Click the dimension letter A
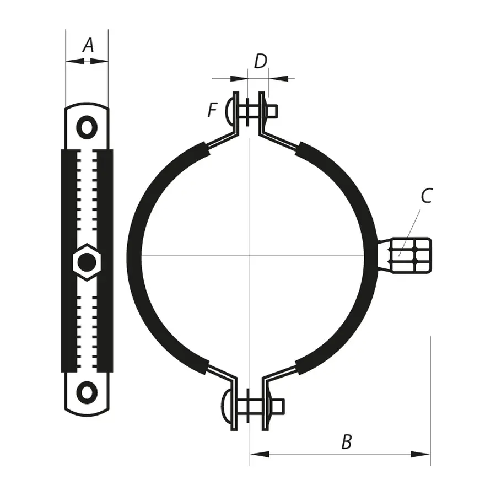click(x=88, y=45)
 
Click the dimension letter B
click(x=346, y=441)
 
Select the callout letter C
click(x=426, y=196)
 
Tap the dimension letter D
click(x=260, y=62)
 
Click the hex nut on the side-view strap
click(x=87, y=262)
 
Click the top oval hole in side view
click(x=87, y=127)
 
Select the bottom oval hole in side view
click(x=87, y=392)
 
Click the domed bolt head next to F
click(x=230, y=112)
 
